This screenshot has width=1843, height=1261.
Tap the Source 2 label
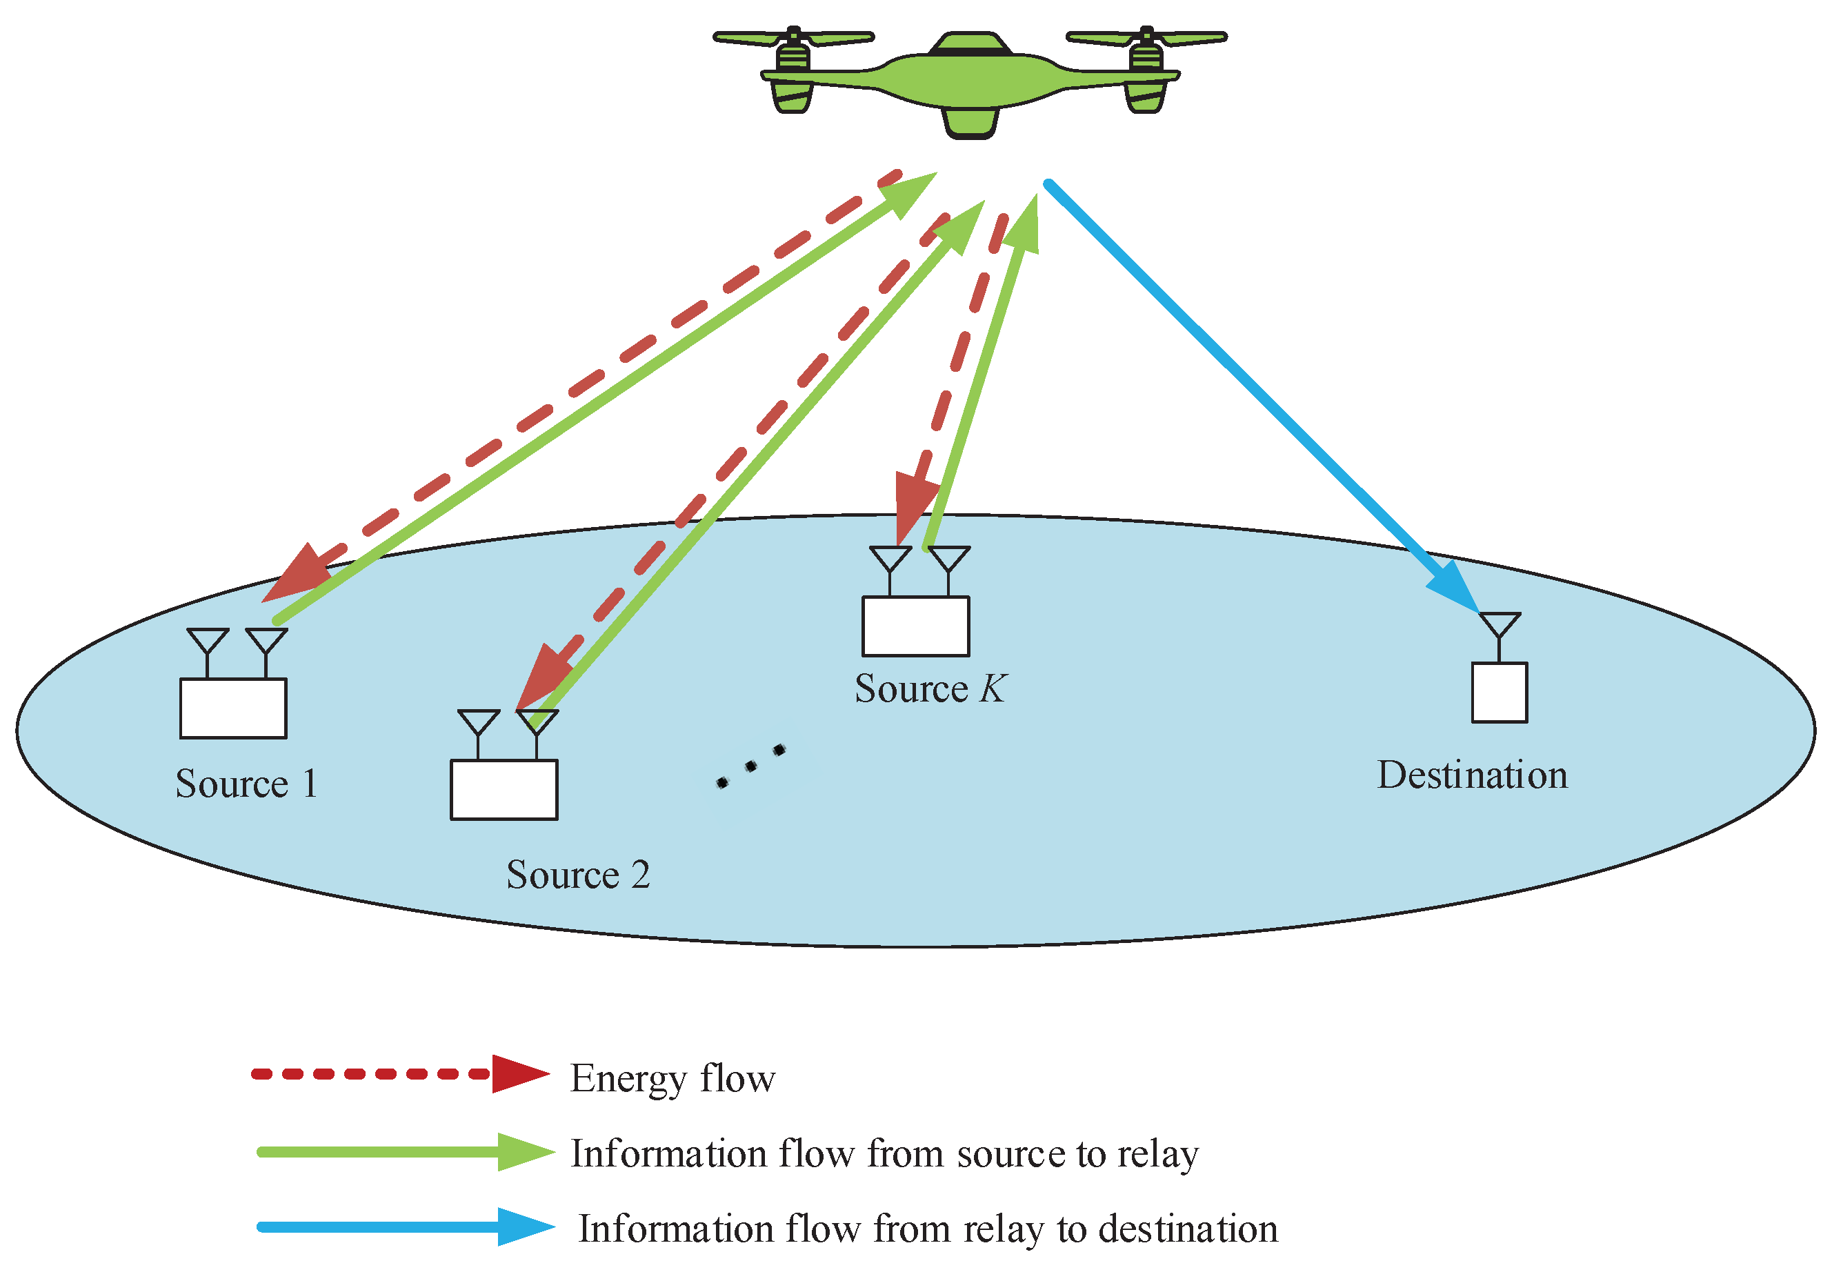point(578,875)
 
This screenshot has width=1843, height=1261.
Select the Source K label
point(929,689)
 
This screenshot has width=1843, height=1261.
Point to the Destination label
point(1472,775)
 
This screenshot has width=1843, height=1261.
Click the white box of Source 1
point(233,709)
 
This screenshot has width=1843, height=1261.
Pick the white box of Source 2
point(504,791)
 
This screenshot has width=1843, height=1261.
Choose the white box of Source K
point(915,627)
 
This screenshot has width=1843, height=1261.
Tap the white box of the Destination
point(1499,693)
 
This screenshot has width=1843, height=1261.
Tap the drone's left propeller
point(793,37)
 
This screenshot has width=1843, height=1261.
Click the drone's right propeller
point(1146,37)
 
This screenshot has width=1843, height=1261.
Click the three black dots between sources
point(750,766)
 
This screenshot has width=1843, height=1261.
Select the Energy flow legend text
point(673,1079)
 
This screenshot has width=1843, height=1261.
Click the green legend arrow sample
point(404,1152)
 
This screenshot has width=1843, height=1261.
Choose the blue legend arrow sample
point(404,1227)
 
